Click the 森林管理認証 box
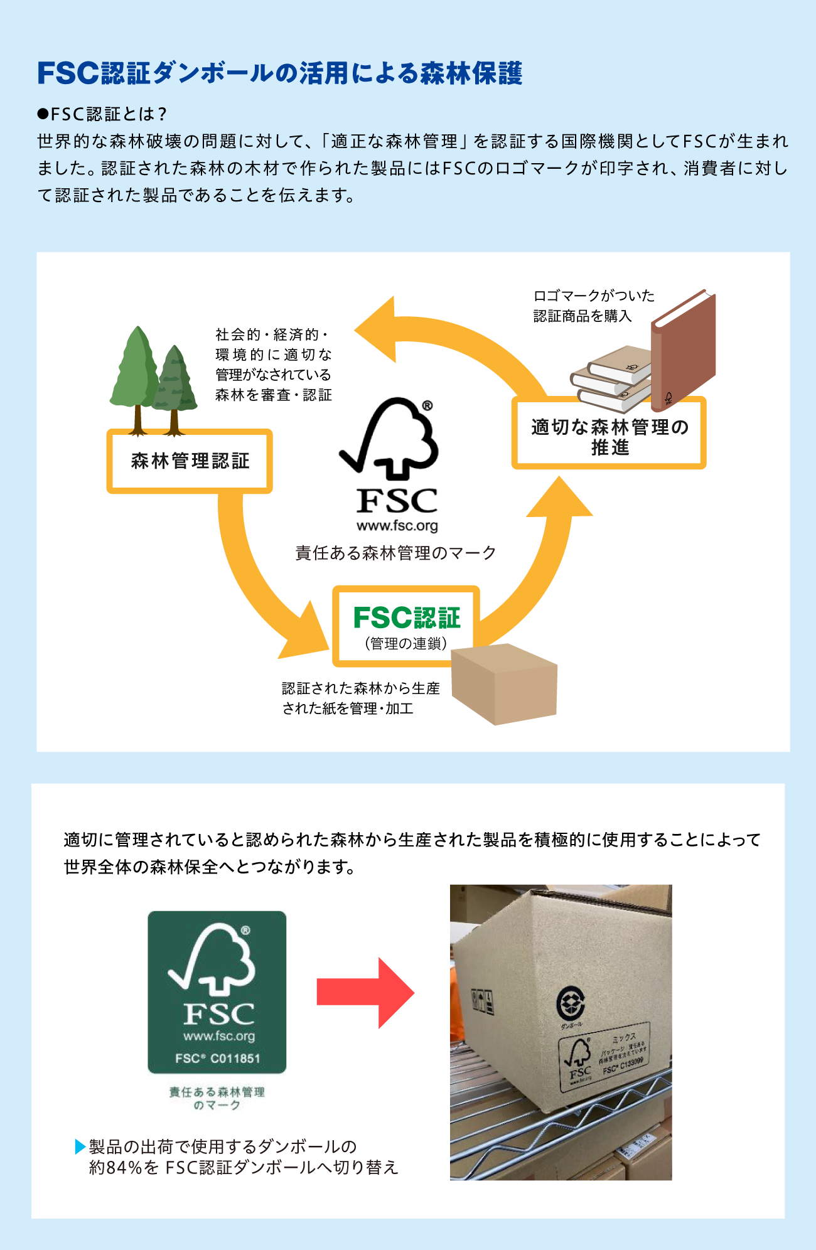click(190, 461)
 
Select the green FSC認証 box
click(406, 626)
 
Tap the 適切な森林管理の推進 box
click(609, 434)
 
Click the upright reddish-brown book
click(683, 351)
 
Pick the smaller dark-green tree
click(175, 383)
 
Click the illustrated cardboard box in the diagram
click(503, 685)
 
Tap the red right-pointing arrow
click(365, 993)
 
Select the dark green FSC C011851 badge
click(217, 992)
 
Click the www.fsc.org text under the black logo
click(397, 526)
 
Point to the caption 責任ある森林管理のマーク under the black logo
click(395, 553)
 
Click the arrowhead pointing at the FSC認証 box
click(306, 634)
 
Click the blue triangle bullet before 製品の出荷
click(80, 1146)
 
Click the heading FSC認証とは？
click(104, 114)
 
